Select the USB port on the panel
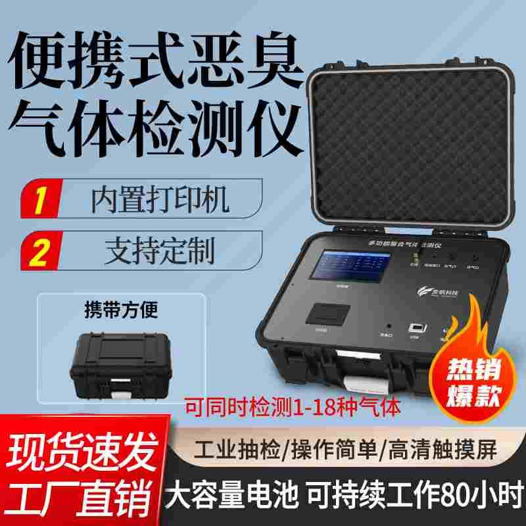pyautogui.click(x=414, y=327)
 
